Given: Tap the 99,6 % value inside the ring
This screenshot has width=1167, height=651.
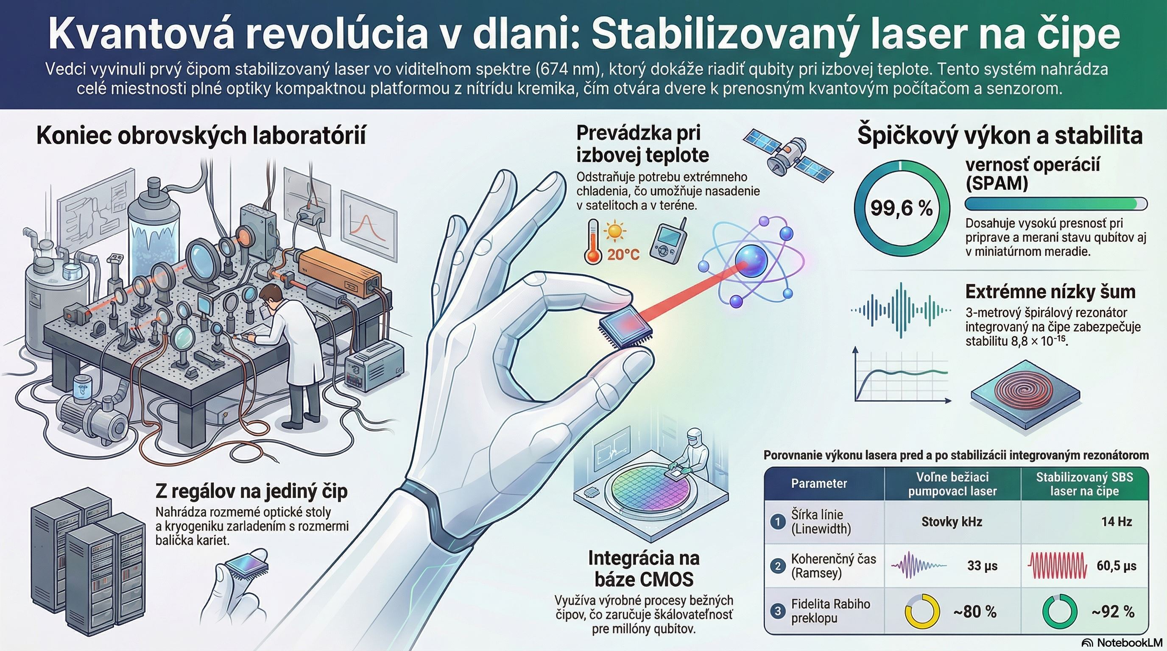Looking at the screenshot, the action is [x=902, y=208].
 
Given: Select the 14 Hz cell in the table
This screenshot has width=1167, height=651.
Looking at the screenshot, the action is [x=1117, y=522].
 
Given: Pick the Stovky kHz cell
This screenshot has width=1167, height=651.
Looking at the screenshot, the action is [x=952, y=522].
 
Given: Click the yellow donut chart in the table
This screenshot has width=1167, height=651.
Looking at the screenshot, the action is [x=921, y=611].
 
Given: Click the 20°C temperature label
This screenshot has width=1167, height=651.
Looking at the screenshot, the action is [x=623, y=255].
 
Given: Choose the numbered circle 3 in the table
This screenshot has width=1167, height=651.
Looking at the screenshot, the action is [x=778, y=611].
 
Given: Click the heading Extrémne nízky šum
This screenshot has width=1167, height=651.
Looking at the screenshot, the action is [x=1050, y=292].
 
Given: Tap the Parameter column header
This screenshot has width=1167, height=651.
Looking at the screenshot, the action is [x=819, y=484].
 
